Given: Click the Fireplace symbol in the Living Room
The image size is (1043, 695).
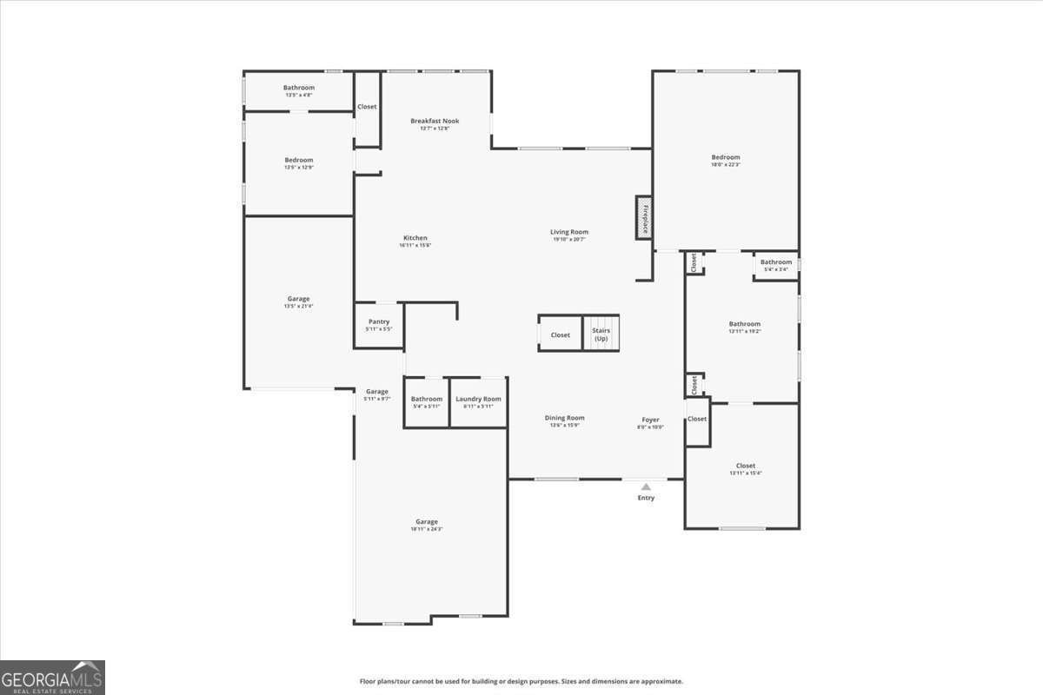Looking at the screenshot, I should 644,218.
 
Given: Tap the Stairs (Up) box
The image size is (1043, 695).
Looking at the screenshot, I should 601,334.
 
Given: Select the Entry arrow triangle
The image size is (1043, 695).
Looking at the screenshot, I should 646,487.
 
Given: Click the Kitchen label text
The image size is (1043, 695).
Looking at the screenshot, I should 415,238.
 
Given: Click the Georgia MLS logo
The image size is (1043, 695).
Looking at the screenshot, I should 52,678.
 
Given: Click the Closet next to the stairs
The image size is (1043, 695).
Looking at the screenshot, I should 561,335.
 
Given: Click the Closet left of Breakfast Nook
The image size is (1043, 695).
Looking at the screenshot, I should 367,107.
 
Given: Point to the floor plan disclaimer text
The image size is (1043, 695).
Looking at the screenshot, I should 521,681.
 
